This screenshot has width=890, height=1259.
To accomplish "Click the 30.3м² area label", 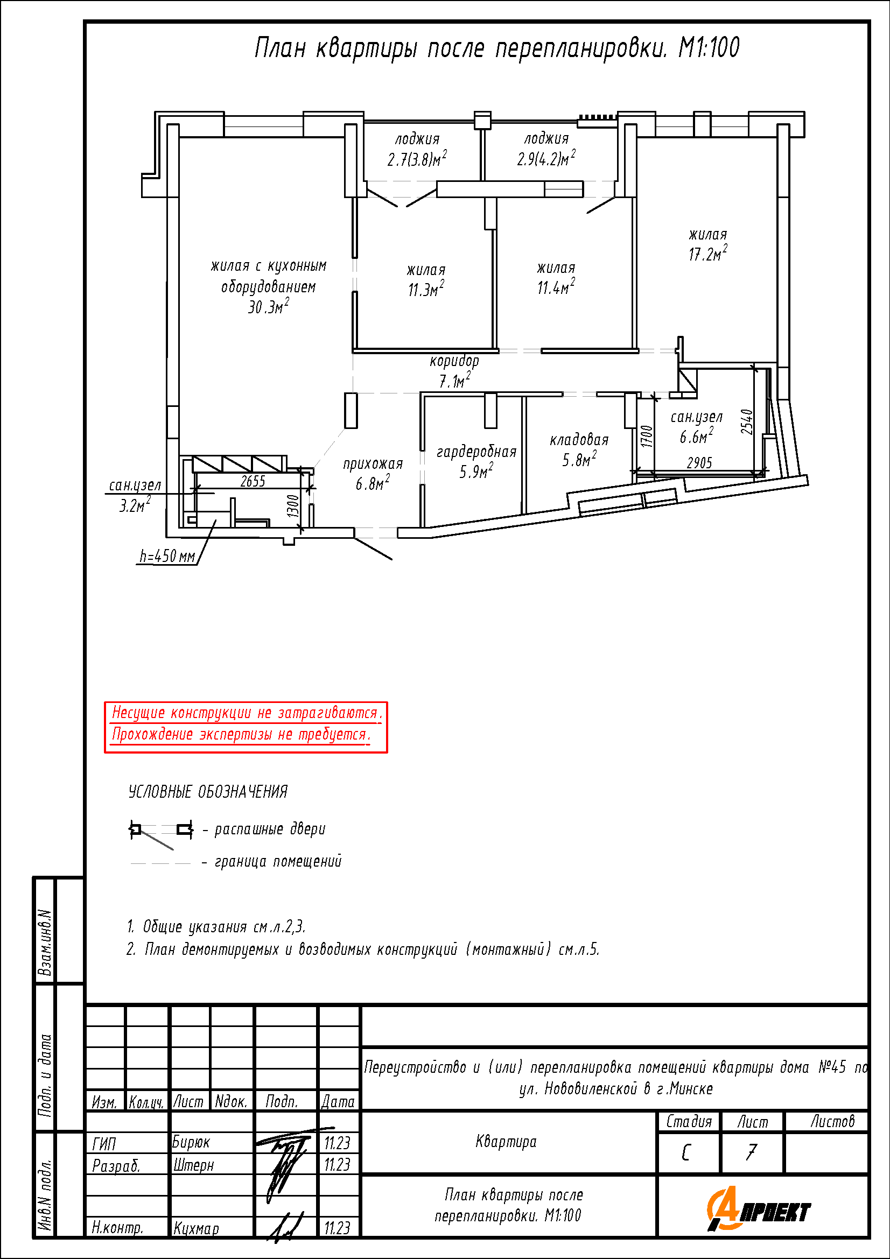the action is (x=268, y=306).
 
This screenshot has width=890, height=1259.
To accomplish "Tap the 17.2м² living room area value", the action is (x=708, y=254).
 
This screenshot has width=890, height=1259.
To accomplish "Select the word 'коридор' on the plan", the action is (x=454, y=361).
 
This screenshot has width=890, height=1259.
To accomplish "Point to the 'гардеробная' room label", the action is (x=476, y=452).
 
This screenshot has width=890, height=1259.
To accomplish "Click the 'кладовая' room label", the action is (x=579, y=440).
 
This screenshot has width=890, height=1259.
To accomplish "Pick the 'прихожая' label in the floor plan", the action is (x=373, y=464).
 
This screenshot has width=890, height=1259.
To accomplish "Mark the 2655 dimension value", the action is (x=253, y=481).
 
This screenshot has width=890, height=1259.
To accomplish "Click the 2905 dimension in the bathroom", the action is (x=700, y=463).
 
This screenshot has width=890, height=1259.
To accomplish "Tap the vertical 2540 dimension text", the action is (x=747, y=421).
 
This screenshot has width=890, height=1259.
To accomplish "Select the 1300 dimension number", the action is (x=293, y=506).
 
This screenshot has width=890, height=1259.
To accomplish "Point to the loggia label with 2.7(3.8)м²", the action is (x=417, y=149).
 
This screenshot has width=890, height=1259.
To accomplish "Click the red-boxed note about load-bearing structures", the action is (x=246, y=727).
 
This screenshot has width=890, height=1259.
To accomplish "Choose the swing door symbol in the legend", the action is (x=161, y=835).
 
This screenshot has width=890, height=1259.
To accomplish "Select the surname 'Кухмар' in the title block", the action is (x=197, y=1228).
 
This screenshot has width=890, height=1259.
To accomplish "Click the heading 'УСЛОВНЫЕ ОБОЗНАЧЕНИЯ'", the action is (x=208, y=792).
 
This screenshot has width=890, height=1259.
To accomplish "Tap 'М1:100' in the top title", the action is (x=709, y=48).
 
